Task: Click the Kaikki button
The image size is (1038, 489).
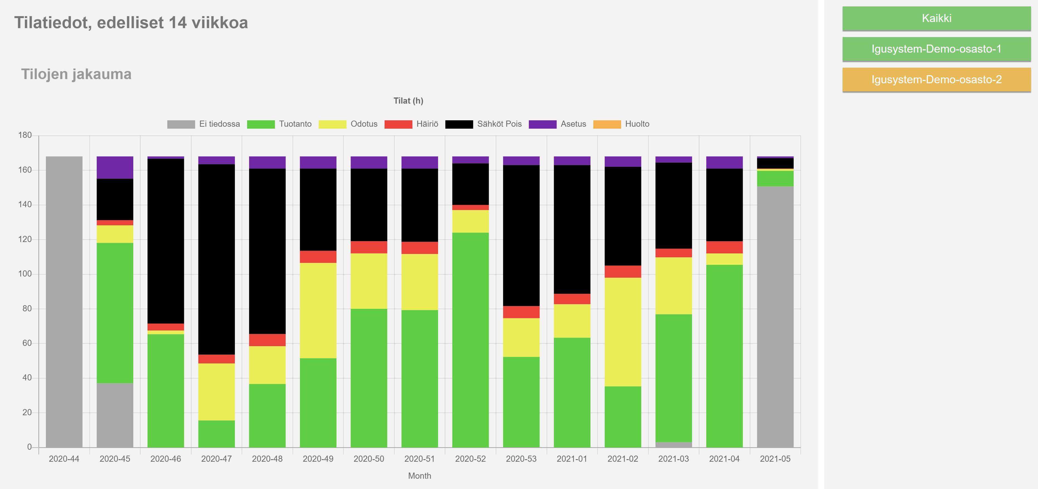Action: click(x=936, y=18)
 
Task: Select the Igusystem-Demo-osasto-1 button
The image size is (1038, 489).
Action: click(x=936, y=49)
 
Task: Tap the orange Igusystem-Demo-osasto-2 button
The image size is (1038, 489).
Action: click(x=936, y=79)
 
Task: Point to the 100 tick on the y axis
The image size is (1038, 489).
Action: click(x=24, y=274)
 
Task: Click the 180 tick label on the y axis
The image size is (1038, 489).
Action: click(x=24, y=135)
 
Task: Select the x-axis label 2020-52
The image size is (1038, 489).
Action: click(x=470, y=459)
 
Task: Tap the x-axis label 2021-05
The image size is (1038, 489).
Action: click(x=775, y=459)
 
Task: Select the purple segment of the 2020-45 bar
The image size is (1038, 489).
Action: click(x=115, y=167)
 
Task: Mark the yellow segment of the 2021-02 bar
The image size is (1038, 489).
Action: click(x=623, y=332)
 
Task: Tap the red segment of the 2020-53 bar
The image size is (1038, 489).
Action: click(x=521, y=312)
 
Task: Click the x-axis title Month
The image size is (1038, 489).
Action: click(x=419, y=476)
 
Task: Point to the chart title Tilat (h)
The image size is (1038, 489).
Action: click(x=408, y=101)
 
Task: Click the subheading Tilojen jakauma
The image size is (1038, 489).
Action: click(x=76, y=74)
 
